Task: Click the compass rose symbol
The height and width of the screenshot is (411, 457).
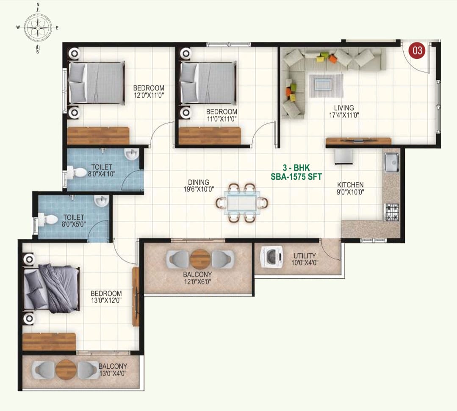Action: point(38,27)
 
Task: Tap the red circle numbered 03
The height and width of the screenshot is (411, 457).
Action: point(417,50)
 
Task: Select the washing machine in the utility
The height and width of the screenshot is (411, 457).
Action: point(271,257)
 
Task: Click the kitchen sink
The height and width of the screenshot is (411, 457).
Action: point(391,162)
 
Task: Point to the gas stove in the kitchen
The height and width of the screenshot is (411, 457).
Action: point(392,212)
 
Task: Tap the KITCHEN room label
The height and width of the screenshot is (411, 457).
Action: point(350,185)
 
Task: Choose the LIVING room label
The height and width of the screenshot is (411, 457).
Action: point(344,108)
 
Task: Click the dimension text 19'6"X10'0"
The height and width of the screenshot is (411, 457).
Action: point(199,189)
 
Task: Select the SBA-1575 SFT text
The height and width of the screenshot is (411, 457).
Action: point(296,177)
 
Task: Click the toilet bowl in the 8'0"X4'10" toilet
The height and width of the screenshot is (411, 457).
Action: point(77,172)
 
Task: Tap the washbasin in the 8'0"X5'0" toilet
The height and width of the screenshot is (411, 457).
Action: point(101,200)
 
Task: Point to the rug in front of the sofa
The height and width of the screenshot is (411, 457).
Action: point(326,86)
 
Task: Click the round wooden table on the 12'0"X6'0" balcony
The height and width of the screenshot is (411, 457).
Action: point(200,259)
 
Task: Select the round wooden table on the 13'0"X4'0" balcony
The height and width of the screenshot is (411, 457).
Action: point(66,370)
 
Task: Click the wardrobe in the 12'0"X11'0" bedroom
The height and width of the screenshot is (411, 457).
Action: point(98,136)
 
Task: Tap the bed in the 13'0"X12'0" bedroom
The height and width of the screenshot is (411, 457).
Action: point(51,288)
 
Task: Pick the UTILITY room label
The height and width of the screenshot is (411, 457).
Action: point(305,256)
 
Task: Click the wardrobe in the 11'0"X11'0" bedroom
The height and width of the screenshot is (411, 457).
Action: point(210,136)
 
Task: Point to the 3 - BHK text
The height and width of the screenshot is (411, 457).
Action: point(296,167)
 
